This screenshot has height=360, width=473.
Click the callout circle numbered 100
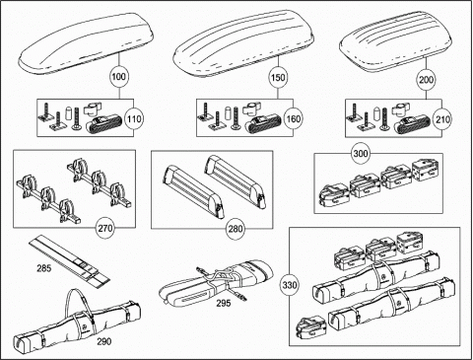tap(118, 77)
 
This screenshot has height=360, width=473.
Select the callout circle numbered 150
tap(278, 78)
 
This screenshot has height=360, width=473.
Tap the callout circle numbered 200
tap(426, 80)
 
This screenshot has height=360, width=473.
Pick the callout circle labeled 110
tap(134, 118)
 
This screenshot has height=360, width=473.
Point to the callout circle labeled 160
tap(294, 118)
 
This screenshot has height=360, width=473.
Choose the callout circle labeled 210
tap(442, 119)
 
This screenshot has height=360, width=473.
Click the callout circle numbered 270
tap(105, 228)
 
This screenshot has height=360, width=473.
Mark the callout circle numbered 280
tap(236, 229)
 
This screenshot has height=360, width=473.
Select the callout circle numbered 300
tap(361, 154)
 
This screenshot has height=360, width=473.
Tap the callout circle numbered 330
tap(290, 285)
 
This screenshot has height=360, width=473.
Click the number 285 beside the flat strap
tap(44, 268)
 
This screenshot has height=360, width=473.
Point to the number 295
tap(224, 303)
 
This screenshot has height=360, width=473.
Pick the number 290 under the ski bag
tap(104, 341)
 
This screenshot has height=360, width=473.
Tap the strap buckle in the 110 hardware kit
tap(103, 124)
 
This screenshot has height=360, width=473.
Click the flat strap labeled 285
tap(69, 259)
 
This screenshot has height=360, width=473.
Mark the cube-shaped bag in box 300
tap(425, 170)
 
